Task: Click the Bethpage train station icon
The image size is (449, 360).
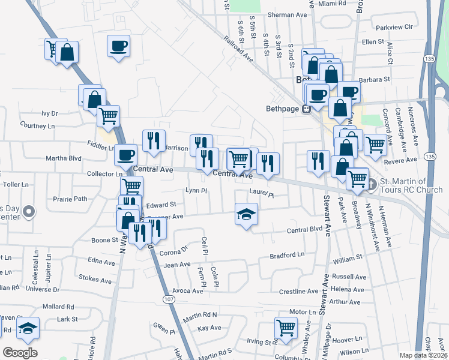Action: (306, 109)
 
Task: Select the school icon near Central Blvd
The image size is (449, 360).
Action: (246, 214)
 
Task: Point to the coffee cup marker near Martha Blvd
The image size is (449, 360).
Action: (126, 155)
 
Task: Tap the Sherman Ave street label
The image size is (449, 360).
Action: (288, 14)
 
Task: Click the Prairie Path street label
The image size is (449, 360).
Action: (70, 199)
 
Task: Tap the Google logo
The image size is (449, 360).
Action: (20, 353)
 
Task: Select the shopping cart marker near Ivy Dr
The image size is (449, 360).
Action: (109, 116)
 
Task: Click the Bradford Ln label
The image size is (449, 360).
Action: (287, 255)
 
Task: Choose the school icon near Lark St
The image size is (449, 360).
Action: (28, 328)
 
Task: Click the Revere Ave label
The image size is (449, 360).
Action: (403, 160)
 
